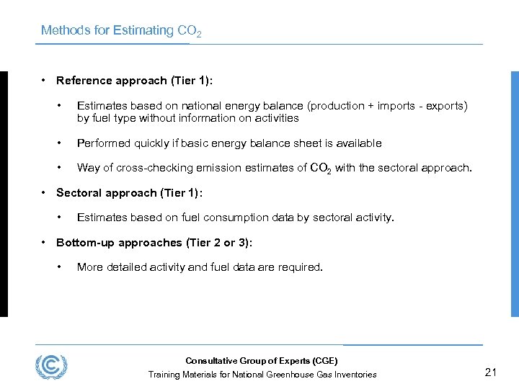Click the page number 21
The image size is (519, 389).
(492, 372)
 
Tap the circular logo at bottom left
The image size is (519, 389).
(51, 366)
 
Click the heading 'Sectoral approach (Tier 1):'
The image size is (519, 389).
(129, 192)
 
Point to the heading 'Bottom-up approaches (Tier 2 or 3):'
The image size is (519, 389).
(154, 242)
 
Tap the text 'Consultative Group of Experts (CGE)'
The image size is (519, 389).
(262, 361)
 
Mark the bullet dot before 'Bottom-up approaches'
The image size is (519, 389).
(45, 242)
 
